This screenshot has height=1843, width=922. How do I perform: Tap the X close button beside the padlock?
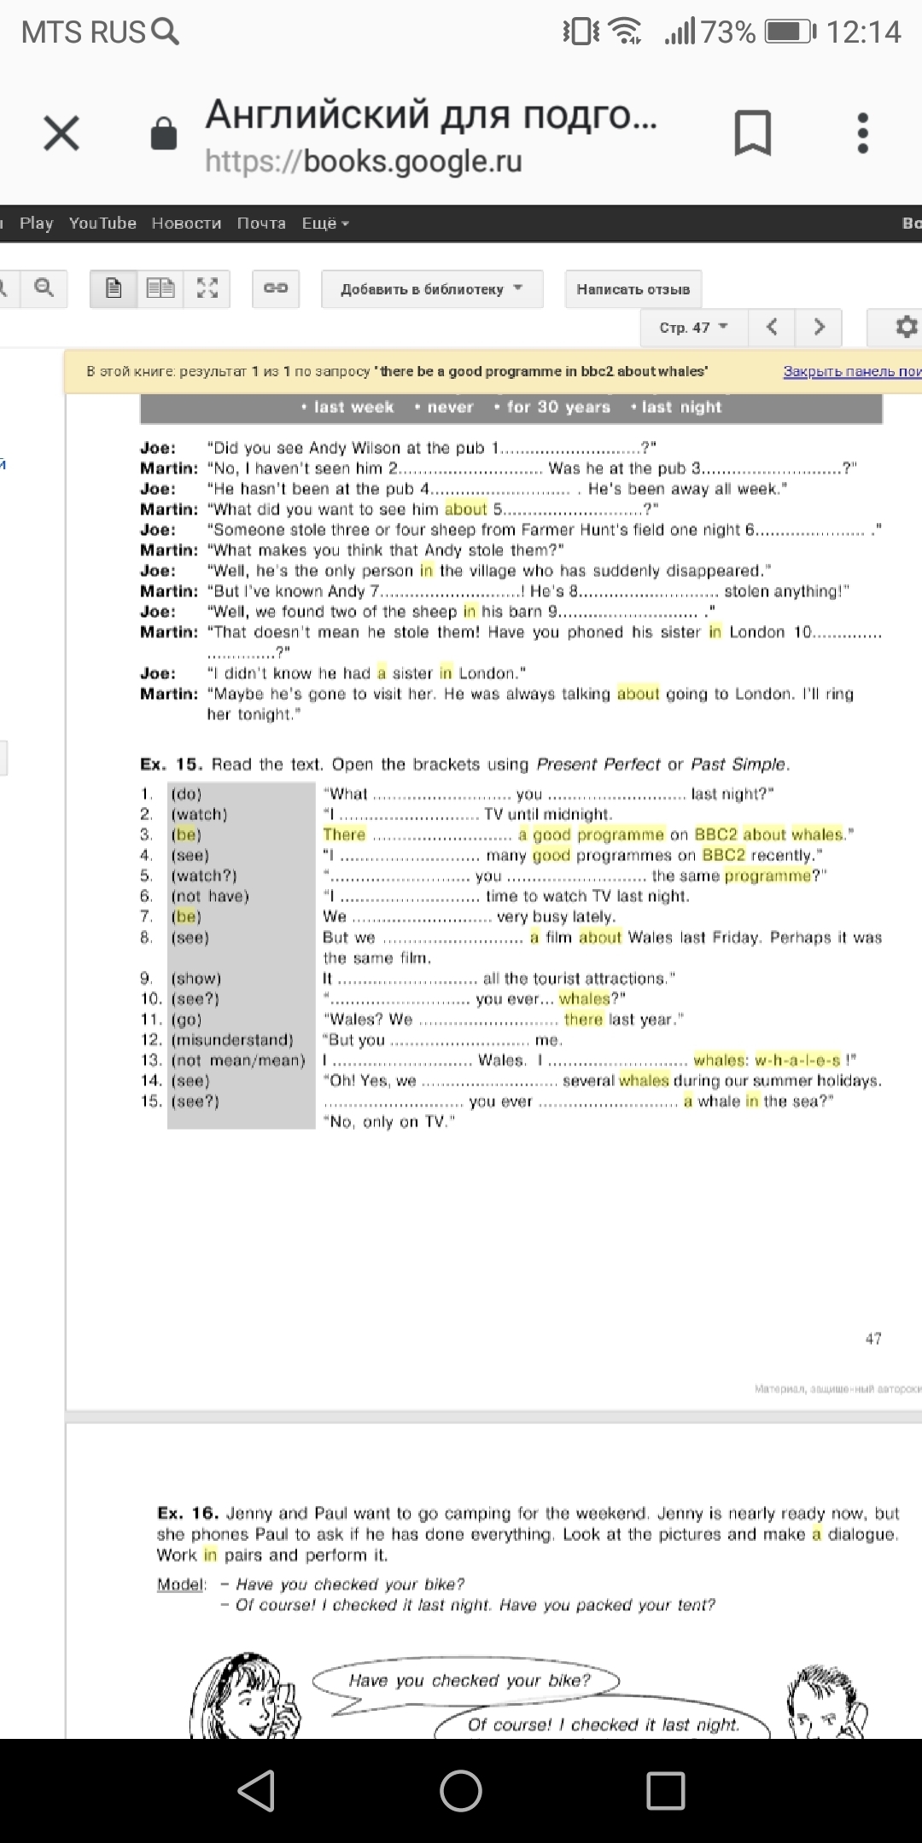coord(61,133)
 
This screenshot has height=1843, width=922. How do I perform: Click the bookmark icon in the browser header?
coord(752,133)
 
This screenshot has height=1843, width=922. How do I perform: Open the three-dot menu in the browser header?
coord(862,133)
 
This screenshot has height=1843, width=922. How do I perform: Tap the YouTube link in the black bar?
coord(102,224)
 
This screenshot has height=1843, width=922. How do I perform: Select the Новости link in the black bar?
coord(186,224)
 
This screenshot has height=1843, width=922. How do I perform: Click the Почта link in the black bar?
coord(261,224)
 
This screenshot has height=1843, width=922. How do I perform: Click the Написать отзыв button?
coord(633,289)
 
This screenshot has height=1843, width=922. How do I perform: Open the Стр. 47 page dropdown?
coord(693,328)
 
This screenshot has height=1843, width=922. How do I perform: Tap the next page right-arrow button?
coord(819,327)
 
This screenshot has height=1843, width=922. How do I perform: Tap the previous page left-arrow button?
coord(772,327)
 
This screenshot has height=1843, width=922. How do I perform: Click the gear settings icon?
coord(905,327)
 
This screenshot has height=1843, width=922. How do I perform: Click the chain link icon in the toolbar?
coord(276,288)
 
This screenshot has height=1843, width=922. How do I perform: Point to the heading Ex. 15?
coord(171,765)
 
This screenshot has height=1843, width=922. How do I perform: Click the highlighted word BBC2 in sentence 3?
coord(720,834)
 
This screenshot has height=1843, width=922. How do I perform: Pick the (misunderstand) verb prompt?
coord(232,1040)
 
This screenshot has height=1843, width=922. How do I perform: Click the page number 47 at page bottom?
coord(873,1339)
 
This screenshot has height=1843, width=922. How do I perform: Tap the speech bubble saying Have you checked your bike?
coord(469,1681)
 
